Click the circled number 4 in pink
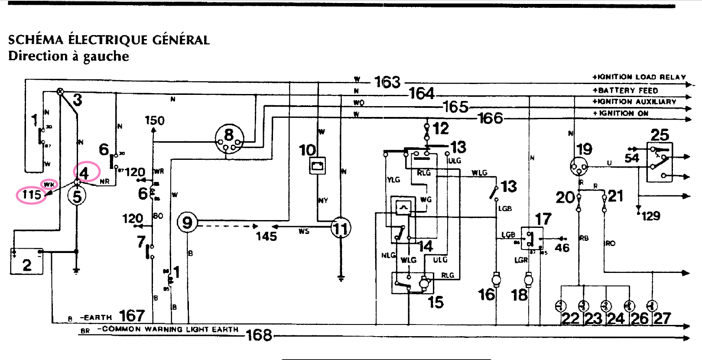point(85,173)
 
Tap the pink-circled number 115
point(31,195)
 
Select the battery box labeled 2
point(26,262)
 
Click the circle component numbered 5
point(77,196)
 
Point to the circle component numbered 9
point(187,223)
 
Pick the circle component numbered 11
point(341,228)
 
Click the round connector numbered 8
point(229,139)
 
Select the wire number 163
point(387,82)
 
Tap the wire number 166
point(490,118)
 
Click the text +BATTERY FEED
point(625,91)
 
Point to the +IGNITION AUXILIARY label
point(634,102)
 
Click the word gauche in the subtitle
point(106,56)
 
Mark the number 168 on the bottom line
point(259,335)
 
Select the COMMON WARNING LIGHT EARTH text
point(170,329)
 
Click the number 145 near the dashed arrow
point(266,236)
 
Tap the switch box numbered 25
point(660,162)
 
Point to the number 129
point(651,216)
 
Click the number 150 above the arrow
point(155,120)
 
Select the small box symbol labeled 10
point(317,166)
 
